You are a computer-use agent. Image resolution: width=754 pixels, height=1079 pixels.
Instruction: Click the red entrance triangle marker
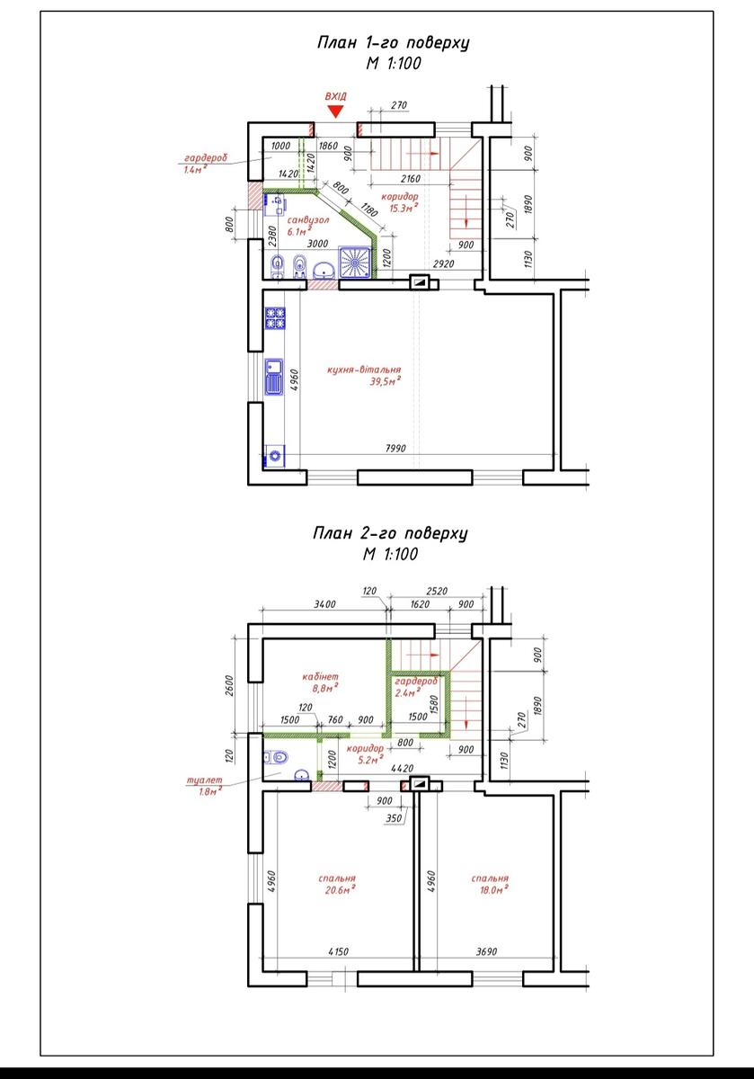[335, 111]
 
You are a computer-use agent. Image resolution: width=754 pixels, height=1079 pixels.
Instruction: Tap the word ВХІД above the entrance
[335, 96]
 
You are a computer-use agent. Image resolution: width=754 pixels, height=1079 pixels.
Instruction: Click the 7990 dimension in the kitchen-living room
[395, 449]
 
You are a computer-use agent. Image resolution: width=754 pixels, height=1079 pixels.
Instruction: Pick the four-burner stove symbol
[274, 318]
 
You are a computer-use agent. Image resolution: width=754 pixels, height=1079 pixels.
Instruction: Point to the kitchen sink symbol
[274, 377]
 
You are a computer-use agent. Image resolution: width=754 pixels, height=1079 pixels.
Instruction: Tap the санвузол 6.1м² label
[308, 226]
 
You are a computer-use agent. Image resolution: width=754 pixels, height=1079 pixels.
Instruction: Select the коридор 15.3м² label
[401, 202]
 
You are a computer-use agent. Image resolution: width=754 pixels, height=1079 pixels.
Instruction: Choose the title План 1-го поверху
[393, 43]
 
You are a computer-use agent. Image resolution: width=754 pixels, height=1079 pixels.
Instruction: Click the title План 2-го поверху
[390, 534]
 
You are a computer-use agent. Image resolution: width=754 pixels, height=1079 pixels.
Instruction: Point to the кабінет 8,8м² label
[321, 682]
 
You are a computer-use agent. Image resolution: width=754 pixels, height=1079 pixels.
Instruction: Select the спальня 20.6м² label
[338, 884]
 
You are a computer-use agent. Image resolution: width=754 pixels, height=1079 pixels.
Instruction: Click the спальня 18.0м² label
[490, 884]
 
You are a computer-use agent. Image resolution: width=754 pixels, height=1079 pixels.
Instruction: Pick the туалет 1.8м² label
[205, 786]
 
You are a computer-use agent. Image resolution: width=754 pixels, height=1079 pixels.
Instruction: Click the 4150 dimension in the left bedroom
[338, 952]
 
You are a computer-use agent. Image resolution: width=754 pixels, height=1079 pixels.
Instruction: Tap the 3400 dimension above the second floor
[325, 604]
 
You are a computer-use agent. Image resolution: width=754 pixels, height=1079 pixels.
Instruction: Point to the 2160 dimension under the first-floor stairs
[411, 179]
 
